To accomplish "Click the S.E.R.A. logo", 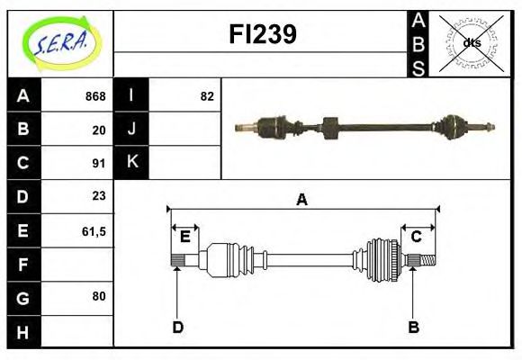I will pos(60,43).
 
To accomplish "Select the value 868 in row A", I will pos(95,96).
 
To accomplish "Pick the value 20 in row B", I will pos(99,130).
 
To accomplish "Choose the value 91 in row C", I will pos(99,163).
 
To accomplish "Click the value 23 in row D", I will pos(99,196).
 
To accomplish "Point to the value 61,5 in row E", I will pos(94,230).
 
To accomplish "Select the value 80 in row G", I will pos(99,296).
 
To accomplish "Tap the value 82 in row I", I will pos(207,96).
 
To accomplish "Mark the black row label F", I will pos(23,264).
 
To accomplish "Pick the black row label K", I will pos(132,163).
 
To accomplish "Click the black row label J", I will pos(132,130).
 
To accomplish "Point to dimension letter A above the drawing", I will pos(301,200).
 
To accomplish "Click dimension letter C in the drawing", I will pos(417,237).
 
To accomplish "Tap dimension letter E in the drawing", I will pos(185,237).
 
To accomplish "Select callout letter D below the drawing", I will pos(177,327).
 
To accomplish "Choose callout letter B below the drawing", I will pos(414,327).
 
